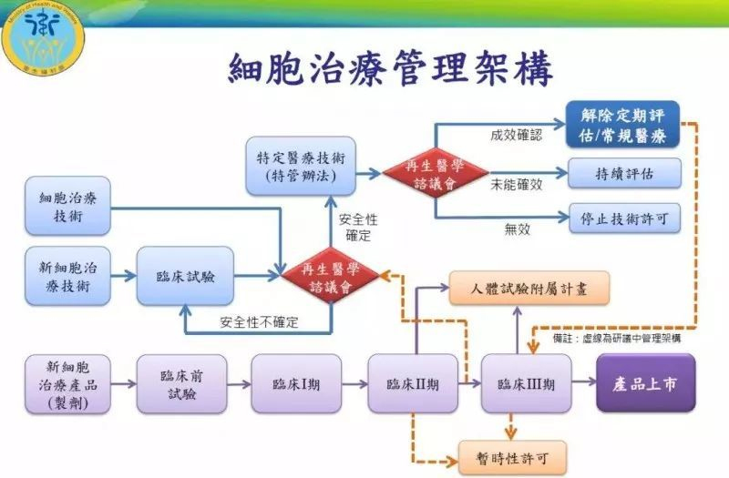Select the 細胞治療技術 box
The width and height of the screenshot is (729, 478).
[68, 206]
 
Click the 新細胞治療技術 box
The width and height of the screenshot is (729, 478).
[68, 275]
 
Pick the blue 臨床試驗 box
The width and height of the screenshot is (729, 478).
[186, 276]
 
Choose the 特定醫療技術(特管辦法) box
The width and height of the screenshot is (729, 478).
[301, 165]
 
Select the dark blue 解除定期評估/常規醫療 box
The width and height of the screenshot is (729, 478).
[622, 124]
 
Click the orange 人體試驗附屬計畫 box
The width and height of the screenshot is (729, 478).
[529, 288]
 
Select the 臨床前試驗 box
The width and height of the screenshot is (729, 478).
[181, 383]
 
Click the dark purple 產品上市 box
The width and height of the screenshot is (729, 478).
[646, 383]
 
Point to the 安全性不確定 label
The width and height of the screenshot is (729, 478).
[259, 321]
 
